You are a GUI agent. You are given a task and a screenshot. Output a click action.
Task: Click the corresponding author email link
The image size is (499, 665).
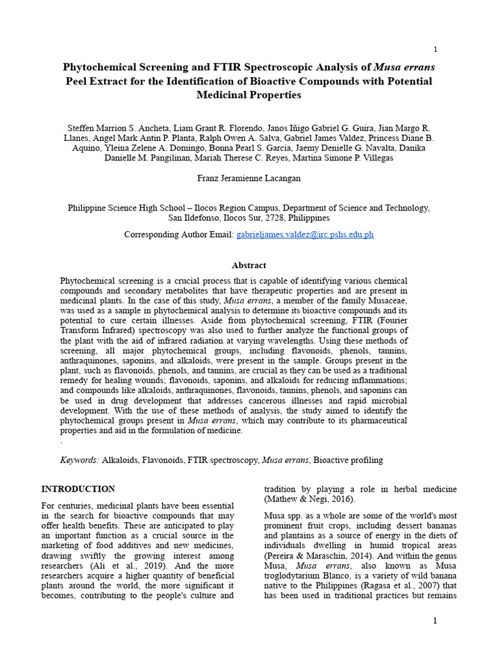coord(305,235)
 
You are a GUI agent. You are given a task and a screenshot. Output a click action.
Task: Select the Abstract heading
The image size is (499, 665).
coord(249,266)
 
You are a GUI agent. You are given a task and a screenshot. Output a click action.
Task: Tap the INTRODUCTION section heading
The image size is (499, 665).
coord(78,489)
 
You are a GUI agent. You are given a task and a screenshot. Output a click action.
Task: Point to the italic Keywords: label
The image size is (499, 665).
coord(79,460)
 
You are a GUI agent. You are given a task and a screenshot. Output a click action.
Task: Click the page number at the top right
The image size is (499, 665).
coord(435,50)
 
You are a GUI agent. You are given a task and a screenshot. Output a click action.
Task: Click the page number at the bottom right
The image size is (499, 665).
coord(435,621)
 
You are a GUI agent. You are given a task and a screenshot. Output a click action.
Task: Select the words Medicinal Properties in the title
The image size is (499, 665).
coord(249,95)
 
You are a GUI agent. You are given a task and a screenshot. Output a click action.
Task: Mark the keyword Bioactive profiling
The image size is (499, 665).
coord(348,460)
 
